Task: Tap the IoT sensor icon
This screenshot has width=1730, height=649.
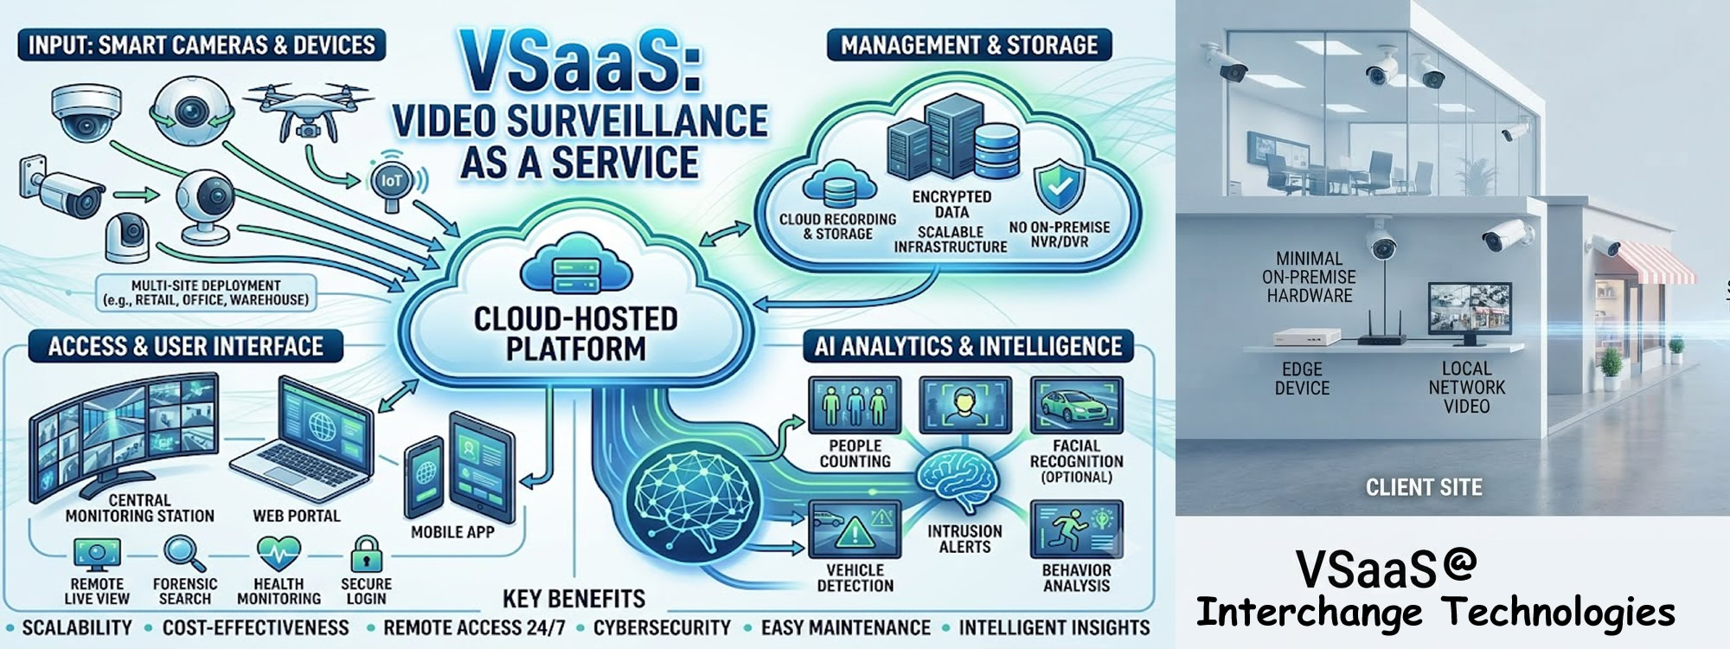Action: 393,184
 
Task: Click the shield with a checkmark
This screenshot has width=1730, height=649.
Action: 1060,185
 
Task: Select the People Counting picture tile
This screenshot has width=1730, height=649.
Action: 854,405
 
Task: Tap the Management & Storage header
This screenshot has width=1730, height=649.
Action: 969,45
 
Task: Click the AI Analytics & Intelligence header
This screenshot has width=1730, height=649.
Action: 968,347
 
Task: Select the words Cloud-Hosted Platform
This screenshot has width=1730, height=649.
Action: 576,333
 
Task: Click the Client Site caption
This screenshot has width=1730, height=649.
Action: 1424,488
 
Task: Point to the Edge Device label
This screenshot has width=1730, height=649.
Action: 1302,378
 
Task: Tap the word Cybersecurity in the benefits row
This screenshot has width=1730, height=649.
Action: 662,627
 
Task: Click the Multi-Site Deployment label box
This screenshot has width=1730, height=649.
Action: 206,293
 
